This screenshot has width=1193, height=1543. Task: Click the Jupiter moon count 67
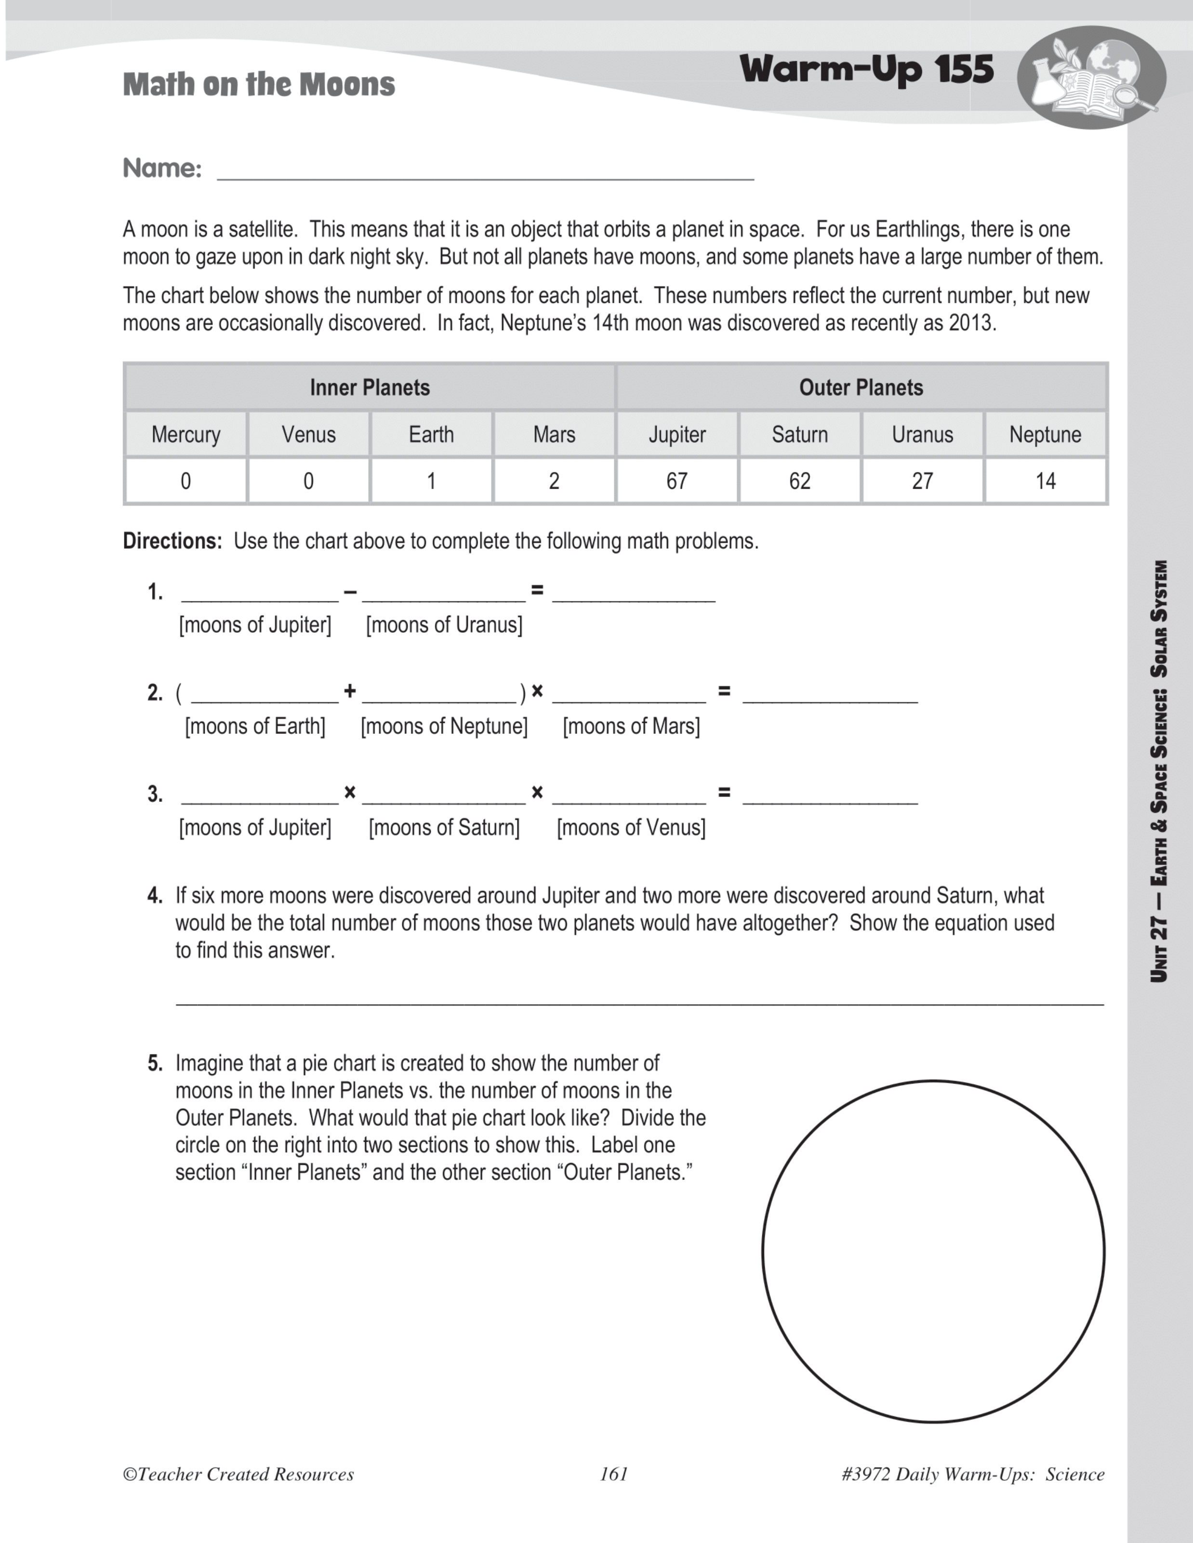pos(676,481)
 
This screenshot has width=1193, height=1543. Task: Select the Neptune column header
pos(1045,434)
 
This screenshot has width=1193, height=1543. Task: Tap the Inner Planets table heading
pos(370,387)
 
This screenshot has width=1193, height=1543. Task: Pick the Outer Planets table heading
pos(861,387)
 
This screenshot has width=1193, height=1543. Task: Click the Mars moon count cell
pos(554,481)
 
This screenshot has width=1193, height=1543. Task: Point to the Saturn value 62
pos(799,481)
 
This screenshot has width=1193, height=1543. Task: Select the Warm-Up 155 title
pos(866,69)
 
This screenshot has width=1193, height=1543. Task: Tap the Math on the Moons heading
pos(259,85)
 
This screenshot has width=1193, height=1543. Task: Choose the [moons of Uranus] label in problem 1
pos(444,625)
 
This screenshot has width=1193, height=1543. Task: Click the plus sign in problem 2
pos(350,691)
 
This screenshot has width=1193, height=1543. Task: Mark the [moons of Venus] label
pos(631,827)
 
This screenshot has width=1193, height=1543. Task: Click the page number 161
pos(613,1474)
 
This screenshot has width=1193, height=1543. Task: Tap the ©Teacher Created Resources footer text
pos(238,1474)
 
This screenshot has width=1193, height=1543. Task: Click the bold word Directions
pos(172,541)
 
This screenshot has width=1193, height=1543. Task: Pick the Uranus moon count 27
pos(922,481)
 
